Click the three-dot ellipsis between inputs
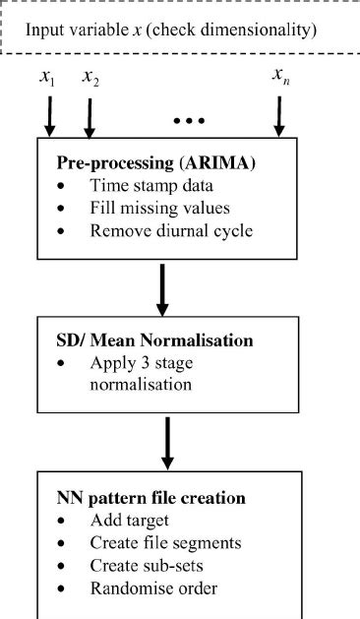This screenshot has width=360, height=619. click(188, 120)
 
